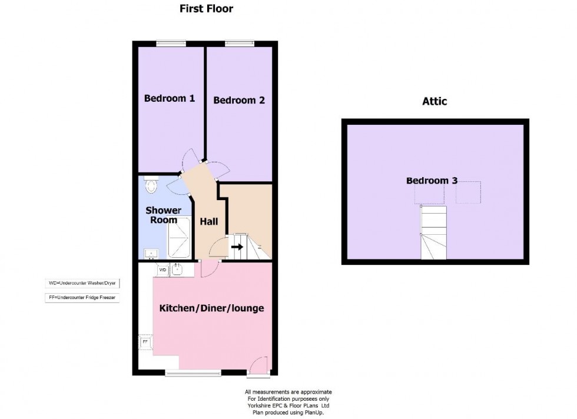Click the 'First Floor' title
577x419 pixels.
[206, 9]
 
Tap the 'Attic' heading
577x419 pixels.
[435, 101]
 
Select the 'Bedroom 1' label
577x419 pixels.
[170, 98]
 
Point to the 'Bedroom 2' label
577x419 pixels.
[238, 100]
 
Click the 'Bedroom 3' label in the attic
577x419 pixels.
[432, 181]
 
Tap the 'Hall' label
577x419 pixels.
[208, 221]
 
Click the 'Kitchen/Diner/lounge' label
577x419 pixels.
[211, 308]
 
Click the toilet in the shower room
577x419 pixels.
[151, 186]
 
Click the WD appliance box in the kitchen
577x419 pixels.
[163, 270]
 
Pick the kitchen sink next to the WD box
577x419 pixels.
[177, 270]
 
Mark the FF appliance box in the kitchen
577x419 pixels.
[145, 341]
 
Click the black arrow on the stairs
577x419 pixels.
[237, 247]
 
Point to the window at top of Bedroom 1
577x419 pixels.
[171, 42]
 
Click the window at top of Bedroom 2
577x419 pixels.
[239, 42]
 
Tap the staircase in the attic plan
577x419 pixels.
[433, 232]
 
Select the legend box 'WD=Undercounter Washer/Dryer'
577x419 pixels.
[82, 284]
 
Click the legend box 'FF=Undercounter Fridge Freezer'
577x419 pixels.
[82, 298]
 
